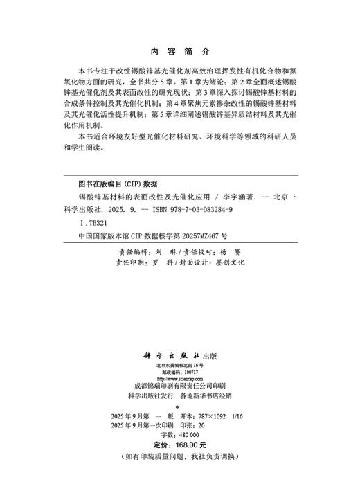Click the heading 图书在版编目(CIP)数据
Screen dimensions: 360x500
tap(117, 184)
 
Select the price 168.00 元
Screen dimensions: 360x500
tap(189, 445)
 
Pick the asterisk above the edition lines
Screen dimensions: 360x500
tap(180, 406)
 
